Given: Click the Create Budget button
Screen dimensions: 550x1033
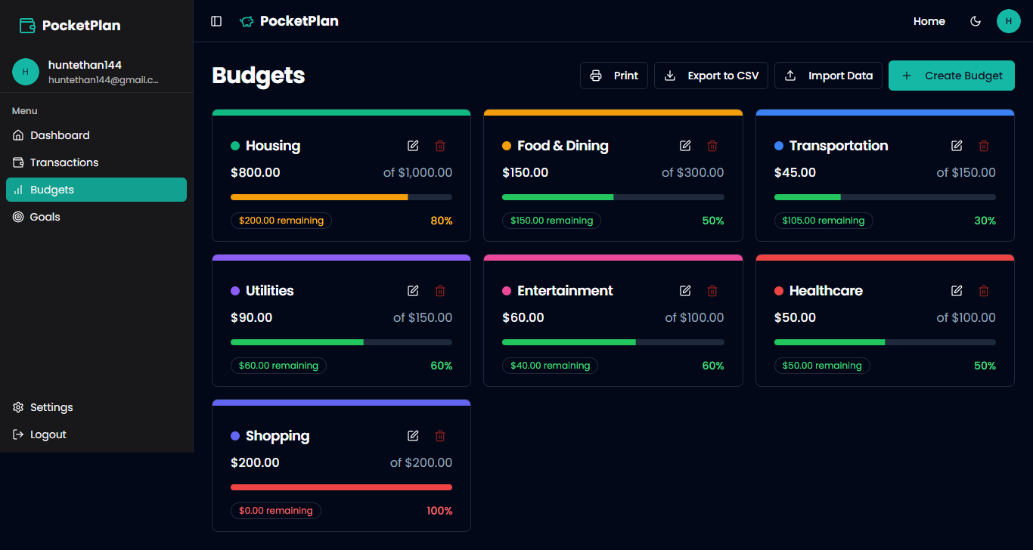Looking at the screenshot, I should [x=951, y=76].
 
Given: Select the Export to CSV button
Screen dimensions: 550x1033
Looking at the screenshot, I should [x=711, y=76].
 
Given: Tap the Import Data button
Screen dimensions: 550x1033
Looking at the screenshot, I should [x=828, y=76].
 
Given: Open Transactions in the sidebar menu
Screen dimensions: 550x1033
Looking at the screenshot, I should [x=64, y=162].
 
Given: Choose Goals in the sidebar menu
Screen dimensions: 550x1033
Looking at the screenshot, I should [x=45, y=217].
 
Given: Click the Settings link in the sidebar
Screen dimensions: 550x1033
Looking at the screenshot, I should [x=51, y=407].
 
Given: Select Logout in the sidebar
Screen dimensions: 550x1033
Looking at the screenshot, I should [x=48, y=434].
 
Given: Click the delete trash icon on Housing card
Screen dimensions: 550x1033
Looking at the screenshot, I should [x=440, y=146].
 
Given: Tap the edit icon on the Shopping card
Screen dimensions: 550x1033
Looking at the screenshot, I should [x=413, y=436].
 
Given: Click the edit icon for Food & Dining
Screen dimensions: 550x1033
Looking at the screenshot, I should [x=685, y=146].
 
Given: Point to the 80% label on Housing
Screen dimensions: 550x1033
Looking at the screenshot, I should [x=442, y=221].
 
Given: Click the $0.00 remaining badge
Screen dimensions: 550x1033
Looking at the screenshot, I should [x=276, y=511].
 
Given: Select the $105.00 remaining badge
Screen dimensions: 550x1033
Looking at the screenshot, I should [x=824, y=221].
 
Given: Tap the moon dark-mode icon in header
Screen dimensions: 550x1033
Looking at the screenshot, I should [x=976, y=21].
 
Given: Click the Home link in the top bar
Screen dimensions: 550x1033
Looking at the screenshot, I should [x=929, y=21].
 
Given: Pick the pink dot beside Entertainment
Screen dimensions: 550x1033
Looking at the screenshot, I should [x=507, y=291].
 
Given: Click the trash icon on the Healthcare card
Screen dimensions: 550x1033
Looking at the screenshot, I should [x=984, y=291].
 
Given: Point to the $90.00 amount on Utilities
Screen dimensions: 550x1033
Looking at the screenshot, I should [x=251, y=317].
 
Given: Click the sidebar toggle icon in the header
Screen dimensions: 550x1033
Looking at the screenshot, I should [x=216, y=21].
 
